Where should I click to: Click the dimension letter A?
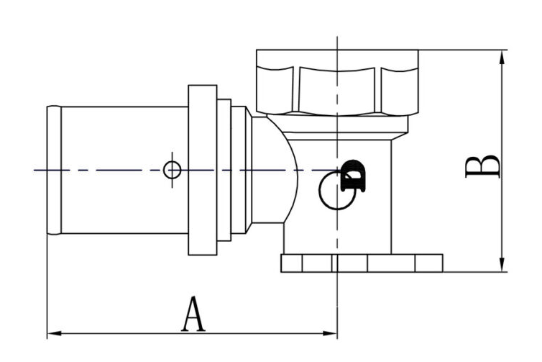click(193, 315)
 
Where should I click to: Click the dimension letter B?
click(483, 167)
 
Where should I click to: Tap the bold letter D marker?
click(353, 176)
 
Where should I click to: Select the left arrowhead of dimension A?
click(54, 333)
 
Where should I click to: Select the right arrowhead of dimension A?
click(329, 333)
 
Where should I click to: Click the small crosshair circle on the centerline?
click(172, 170)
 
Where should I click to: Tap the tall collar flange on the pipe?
click(203, 170)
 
